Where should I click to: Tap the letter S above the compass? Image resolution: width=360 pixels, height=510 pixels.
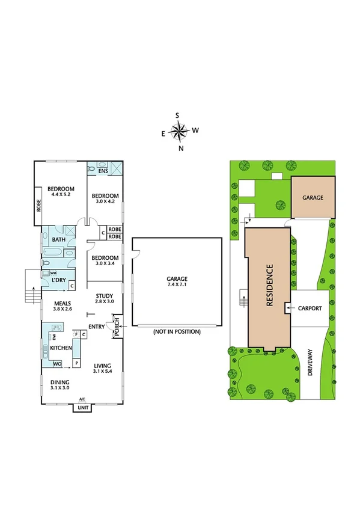click(x=177, y=115)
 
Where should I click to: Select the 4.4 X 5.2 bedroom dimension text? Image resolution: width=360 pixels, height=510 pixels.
click(x=61, y=194)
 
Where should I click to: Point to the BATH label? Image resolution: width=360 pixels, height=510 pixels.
click(x=58, y=240)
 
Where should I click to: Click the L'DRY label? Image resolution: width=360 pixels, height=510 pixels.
click(x=58, y=280)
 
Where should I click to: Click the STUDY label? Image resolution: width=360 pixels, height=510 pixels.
click(x=105, y=295)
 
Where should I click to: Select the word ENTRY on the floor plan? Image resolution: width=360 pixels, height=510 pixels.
click(x=96, y=327)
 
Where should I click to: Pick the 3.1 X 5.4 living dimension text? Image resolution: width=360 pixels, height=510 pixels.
click(x=103, y=372)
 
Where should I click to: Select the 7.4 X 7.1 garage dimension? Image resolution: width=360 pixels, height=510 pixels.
click(x=177, y=285)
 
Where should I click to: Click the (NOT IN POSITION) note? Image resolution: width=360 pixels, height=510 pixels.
click(x=177, y=332)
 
